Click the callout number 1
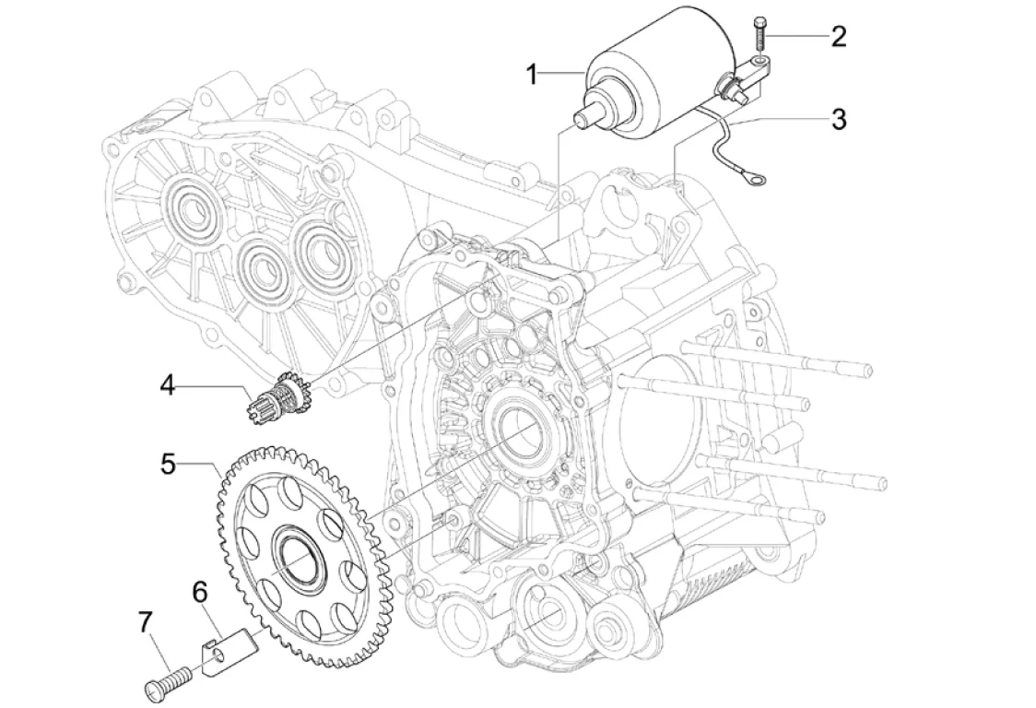point(532,75)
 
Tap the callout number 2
point(837,37)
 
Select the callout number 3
point(837,119)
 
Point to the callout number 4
point(167,383)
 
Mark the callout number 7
point(146,624)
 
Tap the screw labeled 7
point(171,679)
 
